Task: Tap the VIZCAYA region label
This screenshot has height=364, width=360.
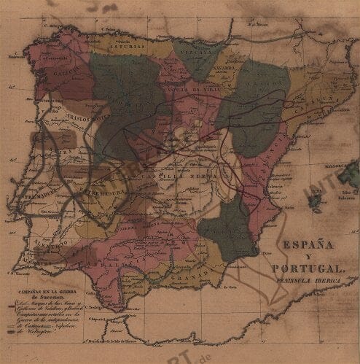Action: (197, 53)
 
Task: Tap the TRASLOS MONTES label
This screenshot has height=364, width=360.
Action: (84, 117)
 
